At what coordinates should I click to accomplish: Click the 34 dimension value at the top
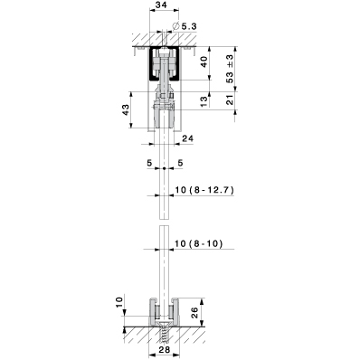tap(162, 5)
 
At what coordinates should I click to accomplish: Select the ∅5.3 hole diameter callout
tap(185, 26)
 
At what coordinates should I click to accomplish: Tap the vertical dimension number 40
tap(204, 62)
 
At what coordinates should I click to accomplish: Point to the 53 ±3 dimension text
tap(230, 69)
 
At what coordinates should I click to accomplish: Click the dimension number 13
tap(204, 101)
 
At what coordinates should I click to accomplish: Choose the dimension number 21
tap(230, 99)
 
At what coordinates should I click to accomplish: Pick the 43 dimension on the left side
tap(126, 109)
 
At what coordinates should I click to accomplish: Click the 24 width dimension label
tap(187, 138)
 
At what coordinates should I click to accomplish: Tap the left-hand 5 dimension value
tap(149, 163)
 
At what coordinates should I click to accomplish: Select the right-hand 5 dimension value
tap(180, 163)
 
